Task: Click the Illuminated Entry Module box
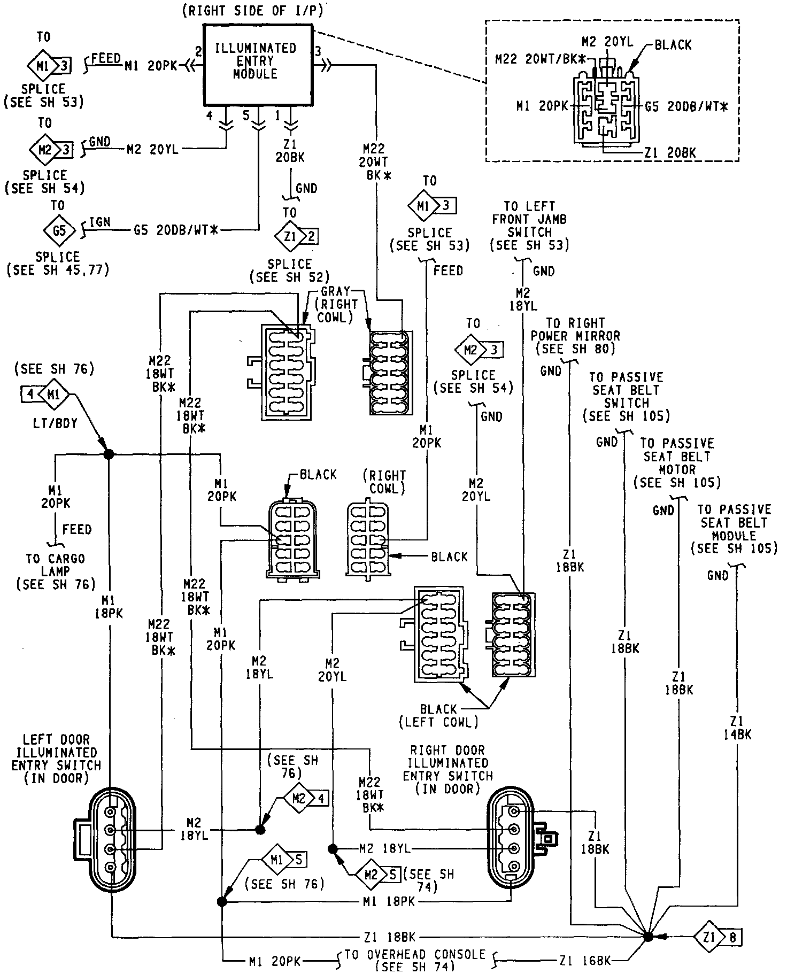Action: tap(256, 64)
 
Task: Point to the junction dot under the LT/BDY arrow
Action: tap(109, 454)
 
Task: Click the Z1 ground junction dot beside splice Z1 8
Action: tap(647, 936)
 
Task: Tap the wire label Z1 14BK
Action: tap(736, 728)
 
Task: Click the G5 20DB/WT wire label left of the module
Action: tap(177, 231)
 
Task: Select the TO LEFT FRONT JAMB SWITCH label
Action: tap(529, 219)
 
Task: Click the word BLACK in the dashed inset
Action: tap(673, 45)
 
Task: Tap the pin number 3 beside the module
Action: tap(318, 52)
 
